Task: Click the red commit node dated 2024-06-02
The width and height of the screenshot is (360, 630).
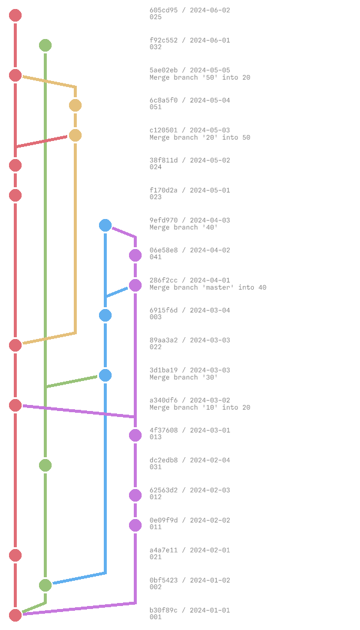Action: (x=15, y=15)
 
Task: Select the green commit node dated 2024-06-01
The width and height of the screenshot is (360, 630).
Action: (x=45, y=45)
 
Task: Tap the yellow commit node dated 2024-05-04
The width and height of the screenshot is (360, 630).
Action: (x=75, y=105)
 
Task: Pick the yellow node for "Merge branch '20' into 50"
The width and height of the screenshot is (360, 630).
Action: (x=75, y=135)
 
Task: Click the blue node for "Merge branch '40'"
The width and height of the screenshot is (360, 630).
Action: (x=105, y=225)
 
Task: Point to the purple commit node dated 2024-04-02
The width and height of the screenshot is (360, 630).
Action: (x=135, y=255)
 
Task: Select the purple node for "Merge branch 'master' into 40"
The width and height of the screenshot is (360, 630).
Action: (x=135, y=285)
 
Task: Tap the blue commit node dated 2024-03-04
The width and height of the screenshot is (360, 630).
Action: (x=105, y=315)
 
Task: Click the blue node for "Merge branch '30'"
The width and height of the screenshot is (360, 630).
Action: (x=105, y=375)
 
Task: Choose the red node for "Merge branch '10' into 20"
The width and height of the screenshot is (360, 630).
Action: (x=15, y=405)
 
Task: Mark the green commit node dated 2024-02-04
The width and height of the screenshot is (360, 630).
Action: (x=45, y=465)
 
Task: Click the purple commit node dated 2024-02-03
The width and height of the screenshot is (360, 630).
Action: (x=135, y=495)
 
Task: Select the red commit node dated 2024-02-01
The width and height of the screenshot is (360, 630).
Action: (x=15, y=555)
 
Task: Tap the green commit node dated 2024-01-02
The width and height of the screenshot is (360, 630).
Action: (x=45, y=585)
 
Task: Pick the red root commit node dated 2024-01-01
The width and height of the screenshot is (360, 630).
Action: (x=15, y=615)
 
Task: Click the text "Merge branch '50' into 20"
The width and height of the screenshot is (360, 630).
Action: (x=200, y=77)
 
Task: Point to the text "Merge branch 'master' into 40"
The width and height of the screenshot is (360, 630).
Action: (x=208, y=287)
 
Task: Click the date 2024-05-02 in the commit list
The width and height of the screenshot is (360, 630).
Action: (x=209, y=160)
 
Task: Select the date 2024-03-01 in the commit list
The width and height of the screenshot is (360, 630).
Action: (x=209, y=430)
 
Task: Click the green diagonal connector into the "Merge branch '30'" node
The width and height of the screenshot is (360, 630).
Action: (x=72, y=381)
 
